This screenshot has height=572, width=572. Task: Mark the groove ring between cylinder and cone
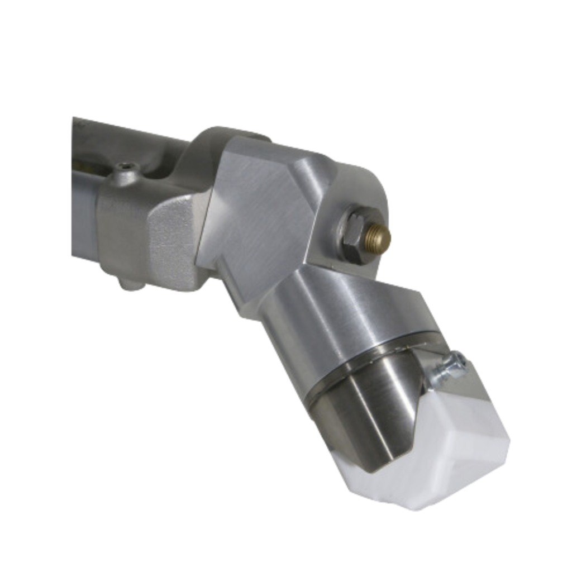[369, 357]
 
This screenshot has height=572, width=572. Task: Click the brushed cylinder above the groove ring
[346, 318]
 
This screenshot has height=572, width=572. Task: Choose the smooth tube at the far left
[84, 212]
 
